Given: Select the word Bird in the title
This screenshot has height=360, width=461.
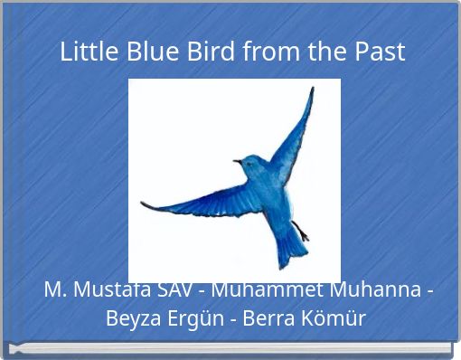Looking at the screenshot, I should point(212,52).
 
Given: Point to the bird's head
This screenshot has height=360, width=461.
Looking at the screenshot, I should point(249,166).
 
